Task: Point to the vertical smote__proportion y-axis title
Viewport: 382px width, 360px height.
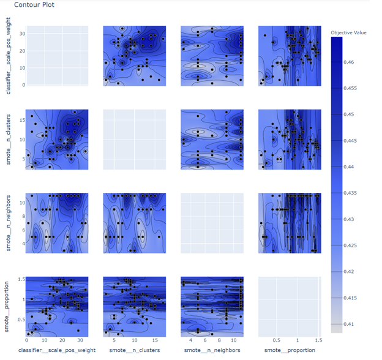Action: pos(8,306)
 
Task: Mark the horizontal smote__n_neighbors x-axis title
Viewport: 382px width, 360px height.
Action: pos(212,350)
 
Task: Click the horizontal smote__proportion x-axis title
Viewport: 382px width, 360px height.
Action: pos(290,350)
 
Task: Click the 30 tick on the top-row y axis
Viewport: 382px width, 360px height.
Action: pos(22,33)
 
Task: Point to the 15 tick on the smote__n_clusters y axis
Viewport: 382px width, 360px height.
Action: pos(22,120)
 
